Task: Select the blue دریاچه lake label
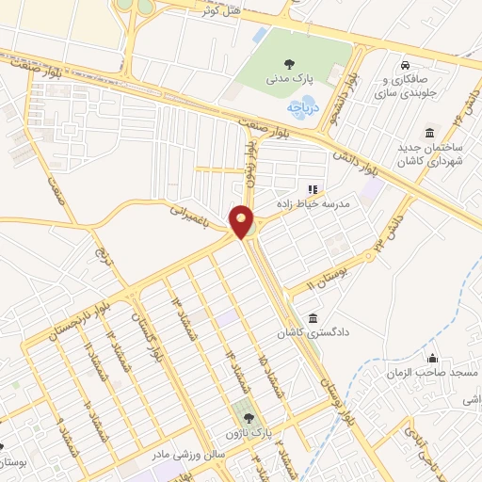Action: (304, 107)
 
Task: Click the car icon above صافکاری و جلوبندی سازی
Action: (404, 65)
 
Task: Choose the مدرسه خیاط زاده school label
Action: (313, 202)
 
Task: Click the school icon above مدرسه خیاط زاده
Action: (313, 188)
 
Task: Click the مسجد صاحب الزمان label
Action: (431, 374)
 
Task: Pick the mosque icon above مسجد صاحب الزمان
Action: (431, 359)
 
